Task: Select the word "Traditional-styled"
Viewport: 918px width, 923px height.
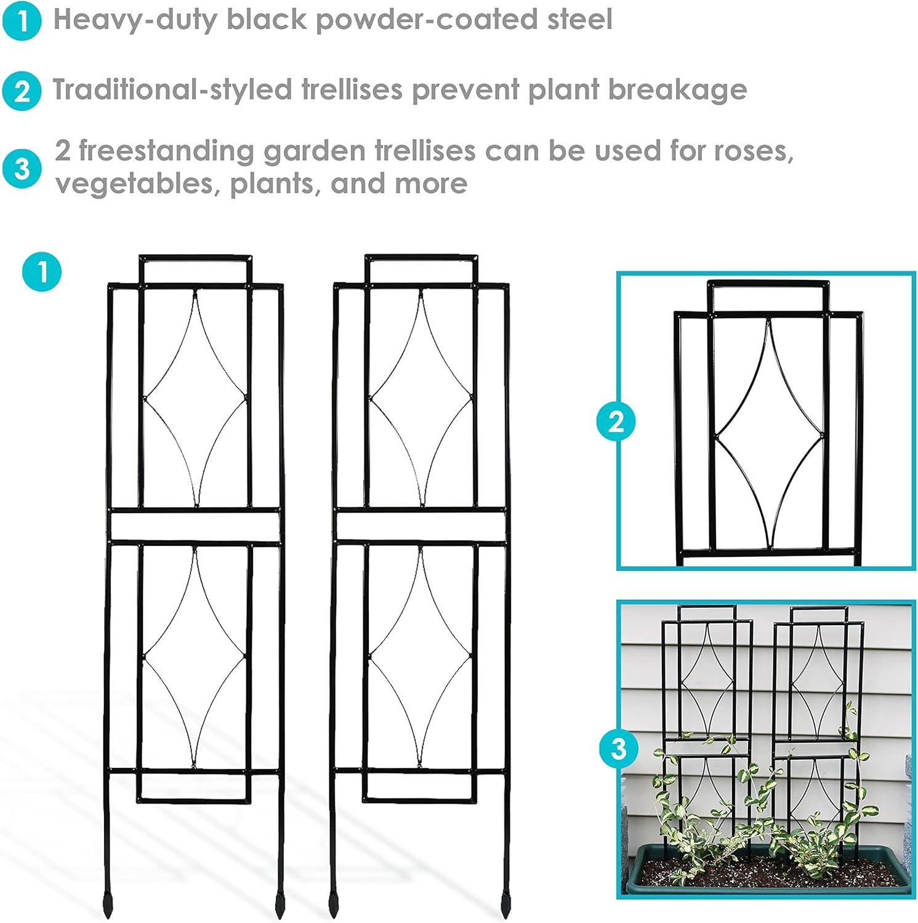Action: point(172,90)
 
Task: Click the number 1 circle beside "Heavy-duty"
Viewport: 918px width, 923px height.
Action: point(22,21)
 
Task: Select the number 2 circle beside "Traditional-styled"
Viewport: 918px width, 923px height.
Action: point(22,91)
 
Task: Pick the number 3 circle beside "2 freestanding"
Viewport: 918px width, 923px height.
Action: point(22,168)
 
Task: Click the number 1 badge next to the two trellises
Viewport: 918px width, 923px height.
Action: point(42,271)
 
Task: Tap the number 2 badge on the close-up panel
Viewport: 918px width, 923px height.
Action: point(616,422)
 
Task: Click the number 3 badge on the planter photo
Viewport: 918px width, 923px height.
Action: point(618,748)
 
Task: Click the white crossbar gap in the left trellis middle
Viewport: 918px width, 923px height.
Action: point(195,525)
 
